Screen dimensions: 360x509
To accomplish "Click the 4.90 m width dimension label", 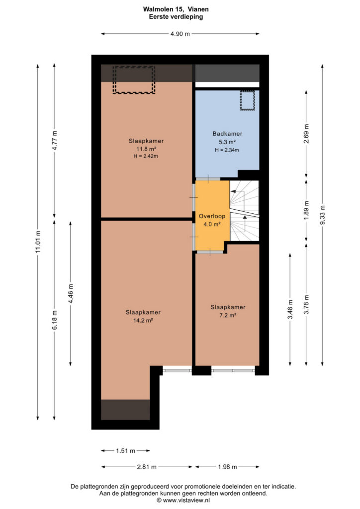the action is coord(180,34).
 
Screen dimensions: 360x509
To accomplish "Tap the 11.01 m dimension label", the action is coord(38,242).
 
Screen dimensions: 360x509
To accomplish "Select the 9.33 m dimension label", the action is coord(322,215).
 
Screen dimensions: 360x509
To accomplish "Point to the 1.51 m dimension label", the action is coord(126,450).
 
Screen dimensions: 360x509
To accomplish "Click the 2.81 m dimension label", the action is coord(147,467).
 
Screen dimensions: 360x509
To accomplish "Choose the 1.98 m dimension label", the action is coord(228,467).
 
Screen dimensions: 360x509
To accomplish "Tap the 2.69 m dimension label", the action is coord(306,134).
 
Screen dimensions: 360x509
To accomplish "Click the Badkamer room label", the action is coord(227,133).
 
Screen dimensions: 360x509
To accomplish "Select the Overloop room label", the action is coord(212,216).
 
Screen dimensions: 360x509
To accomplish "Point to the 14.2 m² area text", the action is coord(143,321).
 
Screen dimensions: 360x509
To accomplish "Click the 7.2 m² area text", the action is coord(228,315).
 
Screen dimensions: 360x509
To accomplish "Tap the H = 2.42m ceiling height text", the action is coord(146,156).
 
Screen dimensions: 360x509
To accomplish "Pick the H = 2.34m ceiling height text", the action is coord(227,150).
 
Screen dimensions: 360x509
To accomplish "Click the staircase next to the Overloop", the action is coord(245,211).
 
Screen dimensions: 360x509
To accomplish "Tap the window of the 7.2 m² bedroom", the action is coord(233,370).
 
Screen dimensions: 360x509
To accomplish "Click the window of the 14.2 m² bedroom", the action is coord(177,370).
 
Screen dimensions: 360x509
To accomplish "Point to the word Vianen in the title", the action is coord(198,9).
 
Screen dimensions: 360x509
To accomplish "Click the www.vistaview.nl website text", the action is coord(186,500).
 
